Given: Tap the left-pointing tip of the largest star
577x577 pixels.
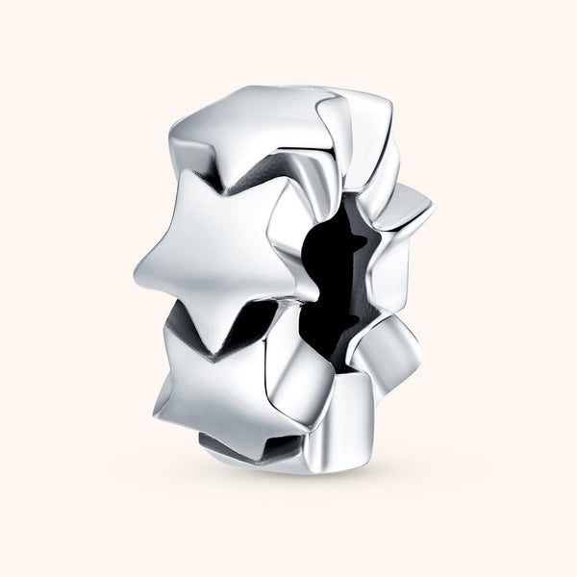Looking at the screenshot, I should (x=138, y=263).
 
